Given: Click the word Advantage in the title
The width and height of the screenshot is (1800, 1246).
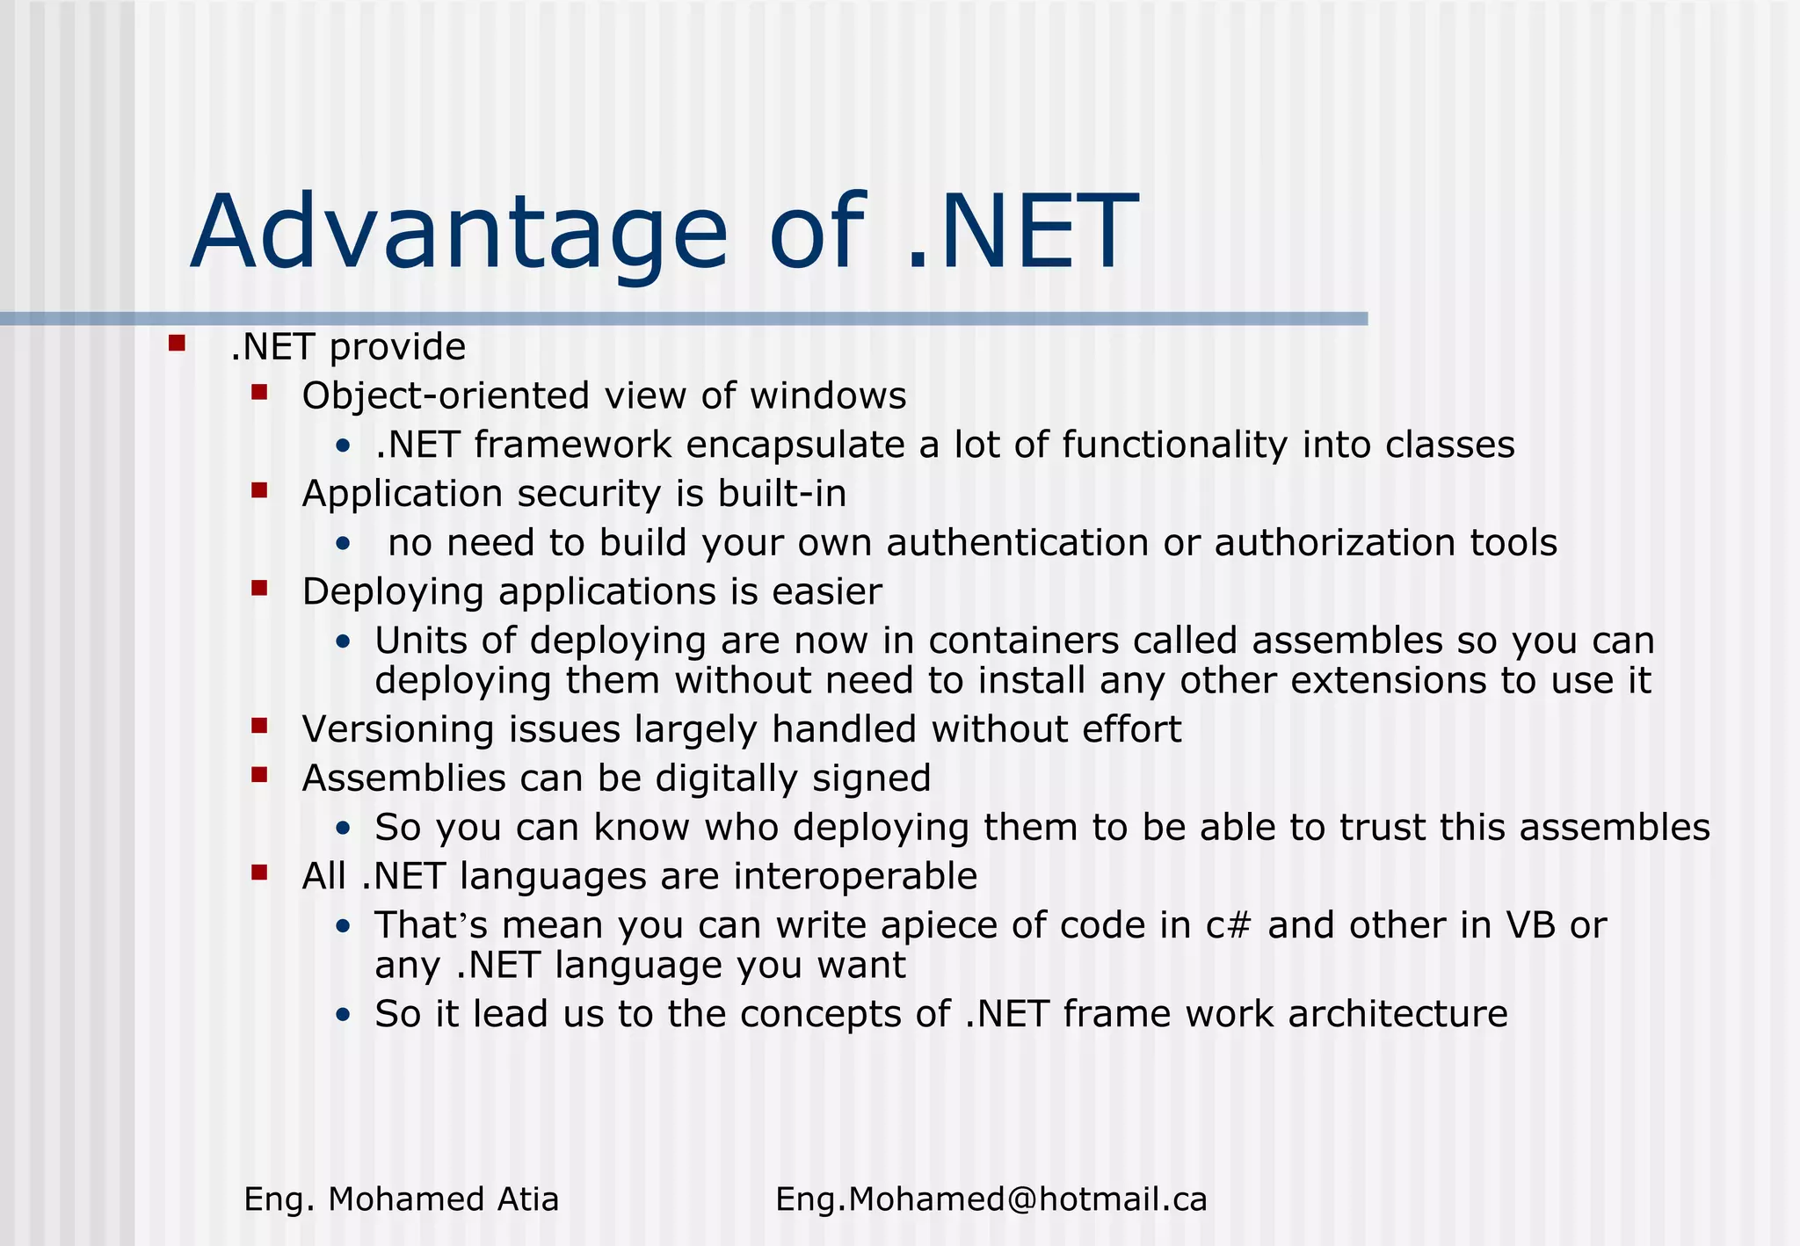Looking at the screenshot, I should tap(459, 233).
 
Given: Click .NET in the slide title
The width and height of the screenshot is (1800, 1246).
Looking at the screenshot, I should tap(1021, 233).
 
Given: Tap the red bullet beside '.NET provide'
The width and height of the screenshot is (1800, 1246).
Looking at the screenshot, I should tap(177, 343).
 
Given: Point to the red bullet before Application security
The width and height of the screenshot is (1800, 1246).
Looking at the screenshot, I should tap(258, 489).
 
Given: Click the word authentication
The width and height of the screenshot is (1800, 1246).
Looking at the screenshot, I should tap(1017, 543).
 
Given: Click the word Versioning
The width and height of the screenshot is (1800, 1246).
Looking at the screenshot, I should tap(398, 729).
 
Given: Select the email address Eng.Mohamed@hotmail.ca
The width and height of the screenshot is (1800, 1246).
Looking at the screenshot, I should tap(991, 1199).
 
